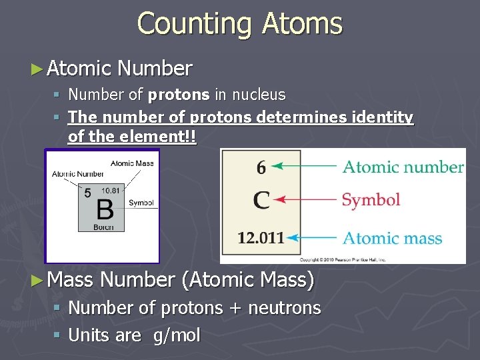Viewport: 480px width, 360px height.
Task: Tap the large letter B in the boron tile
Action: coord(105,209)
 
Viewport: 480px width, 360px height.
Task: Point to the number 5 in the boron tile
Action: coord(87,193)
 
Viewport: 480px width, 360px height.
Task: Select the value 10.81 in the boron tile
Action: coord(111,191)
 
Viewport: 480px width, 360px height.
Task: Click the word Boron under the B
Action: coord(103,227)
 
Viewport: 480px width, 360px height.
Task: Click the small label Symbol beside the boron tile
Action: coord(141,203)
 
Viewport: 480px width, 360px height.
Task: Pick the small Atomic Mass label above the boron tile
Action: coord(131,163)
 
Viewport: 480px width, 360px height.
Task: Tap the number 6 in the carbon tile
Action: coord(261,167)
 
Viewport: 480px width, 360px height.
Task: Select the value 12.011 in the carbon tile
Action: coord(261,237)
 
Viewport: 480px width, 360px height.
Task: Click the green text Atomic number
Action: coord(403,167)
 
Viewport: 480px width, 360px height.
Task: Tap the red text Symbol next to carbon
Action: coord(371,199)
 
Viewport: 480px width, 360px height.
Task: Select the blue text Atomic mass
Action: coord(392,238)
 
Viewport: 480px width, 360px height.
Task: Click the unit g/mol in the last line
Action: coord(176,335)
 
